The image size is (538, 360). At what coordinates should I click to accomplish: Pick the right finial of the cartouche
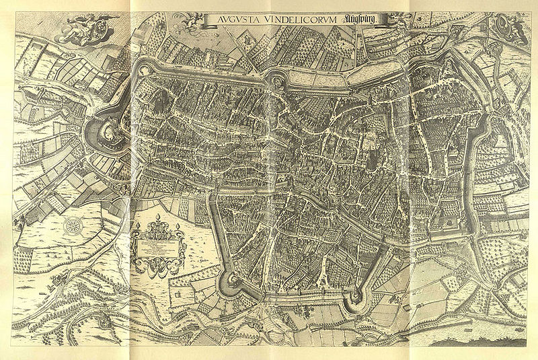pyautogui.click(x=177, y=225)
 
